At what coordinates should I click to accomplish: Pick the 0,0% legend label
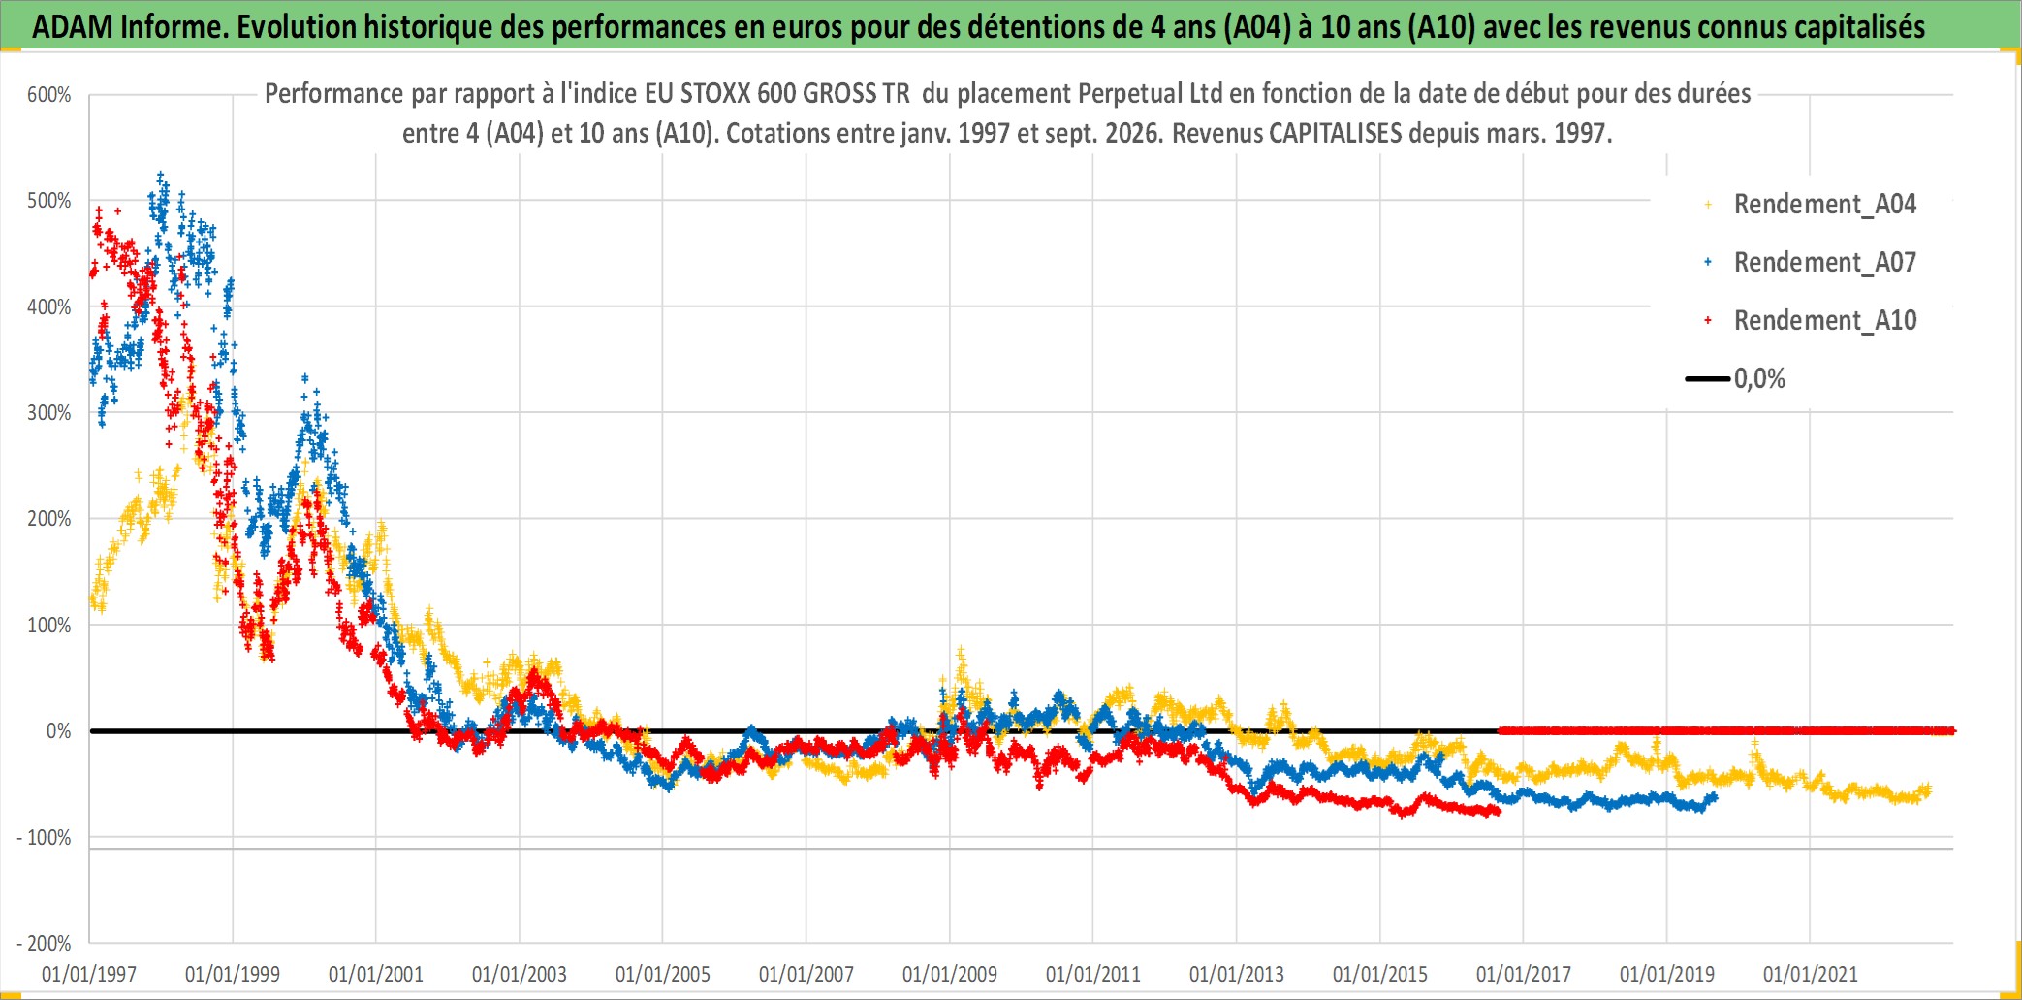[1759, 378]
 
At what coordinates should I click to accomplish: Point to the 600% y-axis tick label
[49, 95]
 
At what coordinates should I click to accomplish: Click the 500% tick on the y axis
[49, 201]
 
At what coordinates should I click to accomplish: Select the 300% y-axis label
[49, 412]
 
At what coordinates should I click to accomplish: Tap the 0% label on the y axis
[59, 730]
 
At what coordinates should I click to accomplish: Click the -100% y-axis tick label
[44, 837]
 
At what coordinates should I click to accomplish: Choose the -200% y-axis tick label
[44, 943]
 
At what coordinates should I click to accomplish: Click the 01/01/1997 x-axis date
[89, 974]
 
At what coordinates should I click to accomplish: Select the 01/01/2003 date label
[520, 974]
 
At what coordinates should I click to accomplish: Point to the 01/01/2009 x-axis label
[950, 974]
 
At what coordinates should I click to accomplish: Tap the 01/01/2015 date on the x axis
[1380, 974]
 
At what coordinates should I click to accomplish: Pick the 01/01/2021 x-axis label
[1811, 974]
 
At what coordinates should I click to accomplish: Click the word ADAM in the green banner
[74, 26]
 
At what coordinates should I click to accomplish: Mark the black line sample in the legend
[1708, 378]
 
